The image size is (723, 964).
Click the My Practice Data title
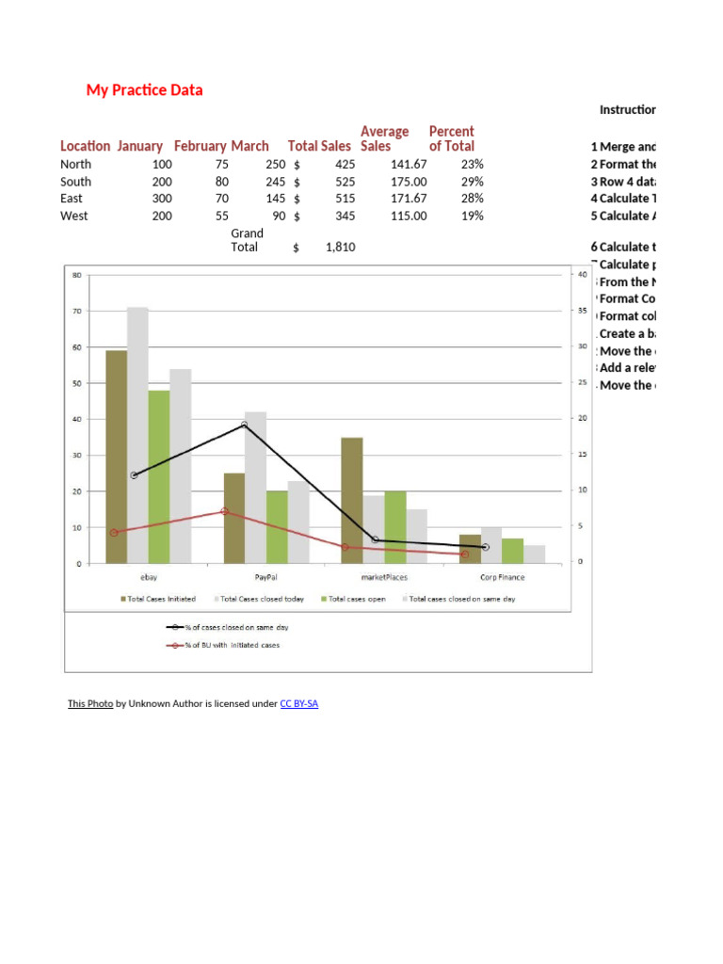point(144,90)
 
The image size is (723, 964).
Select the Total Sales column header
point(315,146)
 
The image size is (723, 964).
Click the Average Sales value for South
point(409,182)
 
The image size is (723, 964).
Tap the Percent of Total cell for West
point(472,216)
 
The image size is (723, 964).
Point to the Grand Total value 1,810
point(340,248)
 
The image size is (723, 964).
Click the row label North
point(76,164)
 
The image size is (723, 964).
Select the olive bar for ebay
point(116,457)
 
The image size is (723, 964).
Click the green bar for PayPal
point(277,527)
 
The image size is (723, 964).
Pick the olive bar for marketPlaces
point(352,500)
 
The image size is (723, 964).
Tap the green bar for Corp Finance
point(512,551)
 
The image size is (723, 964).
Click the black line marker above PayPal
point(244,426)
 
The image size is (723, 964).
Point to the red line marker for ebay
point(114,533)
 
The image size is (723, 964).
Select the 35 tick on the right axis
point(582,311)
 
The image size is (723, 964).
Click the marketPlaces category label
point(384,577)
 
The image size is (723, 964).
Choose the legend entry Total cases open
point(357,599)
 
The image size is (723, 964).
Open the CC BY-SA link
point(299,704)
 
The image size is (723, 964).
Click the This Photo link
point(90,704)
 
